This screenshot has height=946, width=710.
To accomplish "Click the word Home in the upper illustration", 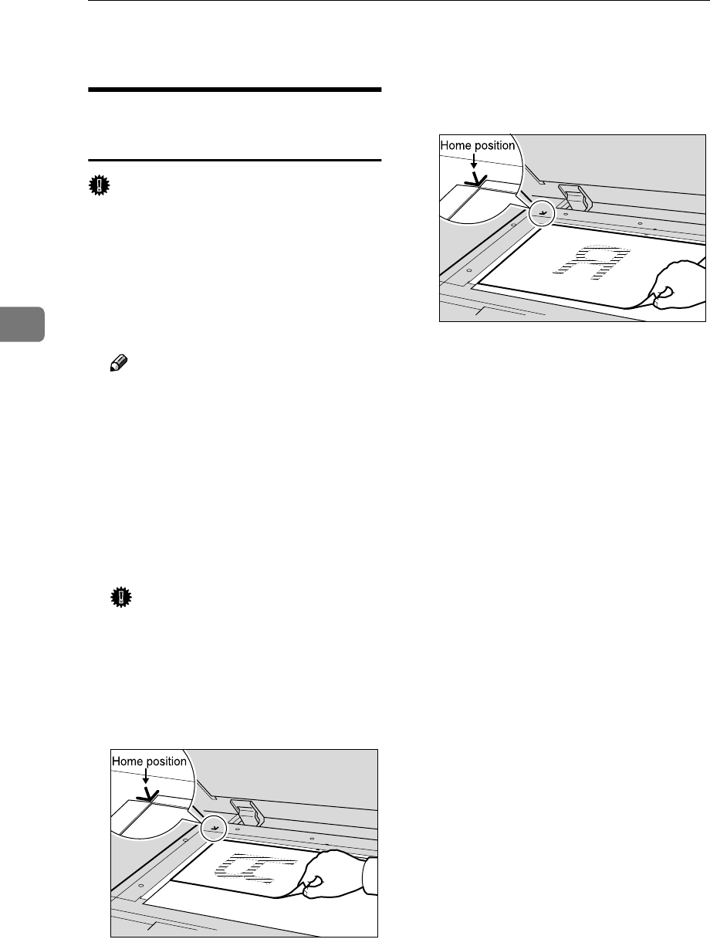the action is coord(457,145).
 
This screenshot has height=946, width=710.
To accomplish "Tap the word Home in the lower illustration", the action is coord(129,761).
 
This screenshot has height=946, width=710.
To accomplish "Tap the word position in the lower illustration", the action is coord(167,761).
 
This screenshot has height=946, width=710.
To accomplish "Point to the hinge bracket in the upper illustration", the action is coord(573,198).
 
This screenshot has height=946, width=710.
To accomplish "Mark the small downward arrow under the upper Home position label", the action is coord(474,161).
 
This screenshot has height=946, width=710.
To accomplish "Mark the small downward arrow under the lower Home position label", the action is coord(145,777).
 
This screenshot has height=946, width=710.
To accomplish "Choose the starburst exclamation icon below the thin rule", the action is coord(102,185).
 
